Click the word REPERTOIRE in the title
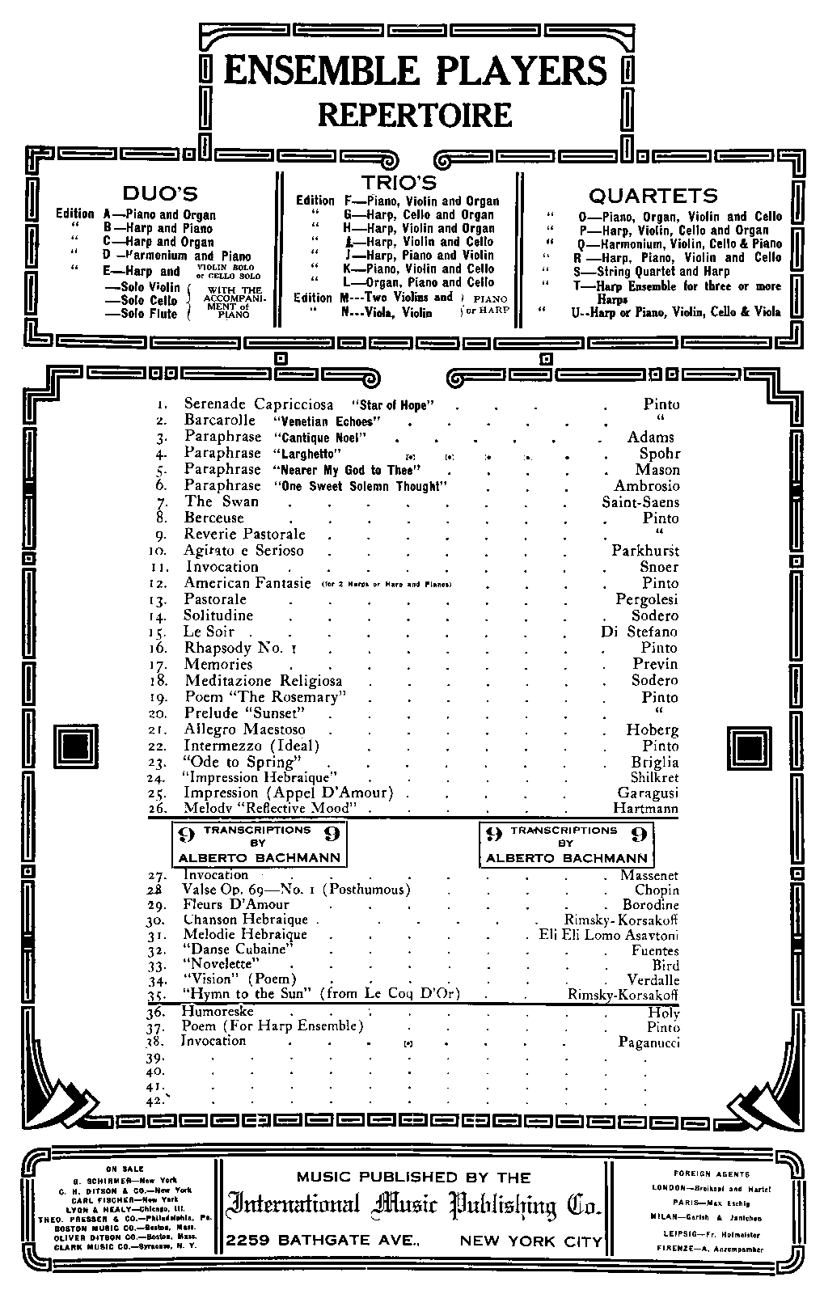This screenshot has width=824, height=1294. [x=415, y=114]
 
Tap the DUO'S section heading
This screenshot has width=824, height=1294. [x=159, y=193]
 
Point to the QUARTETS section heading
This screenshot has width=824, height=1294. [x=653, y=196]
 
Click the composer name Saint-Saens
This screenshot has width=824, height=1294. [x=640, y=502]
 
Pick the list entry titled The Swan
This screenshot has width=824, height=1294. [x=211, y=501]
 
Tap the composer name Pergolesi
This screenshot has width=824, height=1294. [x=646, y=599]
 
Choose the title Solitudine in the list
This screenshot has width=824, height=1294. [x=218, y=615]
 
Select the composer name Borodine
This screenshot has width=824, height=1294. [x=650, y=905]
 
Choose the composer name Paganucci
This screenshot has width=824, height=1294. [x=648, y=1042]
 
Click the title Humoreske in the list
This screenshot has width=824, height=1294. [x=217, y=1011]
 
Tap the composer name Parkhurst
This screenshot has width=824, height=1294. [x=644, y=551]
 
